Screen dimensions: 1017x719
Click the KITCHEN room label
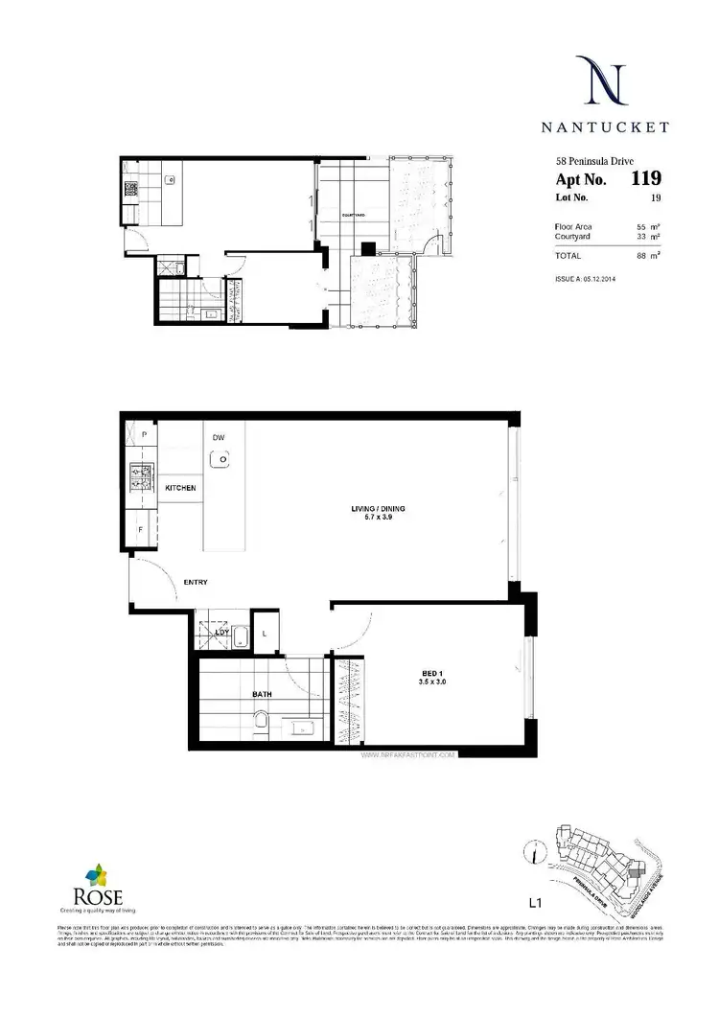tap(180, 488)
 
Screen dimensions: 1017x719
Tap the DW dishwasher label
tap(219, 437)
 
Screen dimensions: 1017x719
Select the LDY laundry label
tap(221, 632)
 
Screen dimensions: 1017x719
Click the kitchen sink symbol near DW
tap(221, 460)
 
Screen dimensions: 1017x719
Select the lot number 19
tap(656, 198)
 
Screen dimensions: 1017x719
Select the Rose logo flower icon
tap(97, 874)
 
